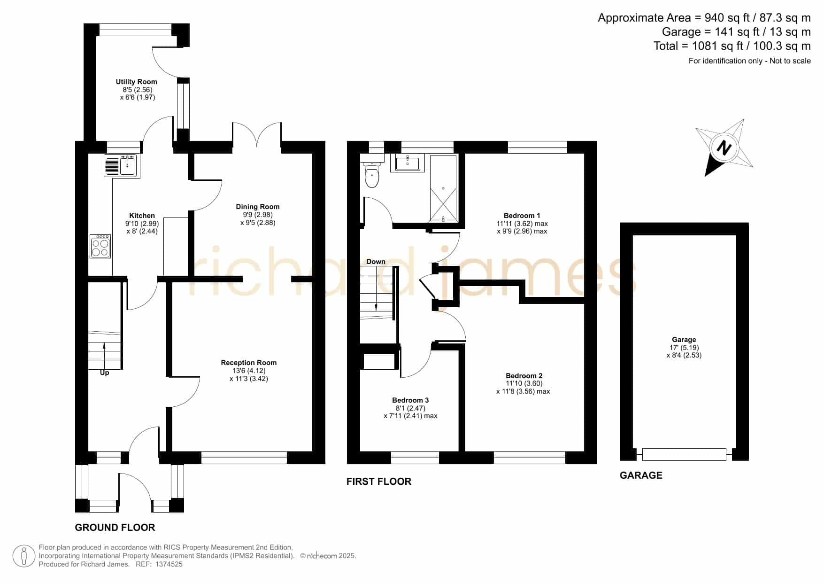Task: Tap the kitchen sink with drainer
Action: (122, 166)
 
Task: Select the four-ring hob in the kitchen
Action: (100, 246)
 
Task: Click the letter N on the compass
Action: (724, 148)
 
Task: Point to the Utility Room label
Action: (137, 82)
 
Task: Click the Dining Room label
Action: (258, 207)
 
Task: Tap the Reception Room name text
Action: (249, 363)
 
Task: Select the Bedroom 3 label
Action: (410, 400)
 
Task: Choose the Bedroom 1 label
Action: (522, 216)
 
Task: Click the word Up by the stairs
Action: (104, 373)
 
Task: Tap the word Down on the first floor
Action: (376, 262)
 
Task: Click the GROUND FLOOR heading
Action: (115, 528)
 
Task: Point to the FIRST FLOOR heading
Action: (379, 482)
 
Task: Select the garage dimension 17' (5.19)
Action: (684, 348)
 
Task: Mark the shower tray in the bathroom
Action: (443, 188)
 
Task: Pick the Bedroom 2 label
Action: (524, 376)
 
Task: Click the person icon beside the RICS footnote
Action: (24, 556)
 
